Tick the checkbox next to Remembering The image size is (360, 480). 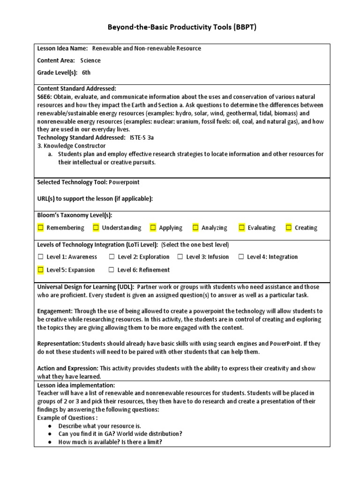(x=41, y=228)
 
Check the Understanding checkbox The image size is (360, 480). (x=96, y=228)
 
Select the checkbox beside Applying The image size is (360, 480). (x=153, y=228)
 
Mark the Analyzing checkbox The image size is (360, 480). (x=195, y=228)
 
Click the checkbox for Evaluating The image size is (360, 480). (x=242, y=228)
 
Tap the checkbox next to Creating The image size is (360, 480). (x=289, y=228)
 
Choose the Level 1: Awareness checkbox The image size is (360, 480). (x=41, y=257)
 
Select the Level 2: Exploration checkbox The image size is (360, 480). (x=112, y=257)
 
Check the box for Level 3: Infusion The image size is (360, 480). (x=180, y=257)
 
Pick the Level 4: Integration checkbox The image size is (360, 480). (x=241, y=257)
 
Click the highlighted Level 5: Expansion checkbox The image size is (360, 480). (x=41, y=270)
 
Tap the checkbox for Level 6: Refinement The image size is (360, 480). (x=112, y=270)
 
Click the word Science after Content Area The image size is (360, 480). (x=90, y=60)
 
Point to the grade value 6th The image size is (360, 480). (x=86, y=73)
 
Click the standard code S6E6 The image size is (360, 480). (x=45, y=97)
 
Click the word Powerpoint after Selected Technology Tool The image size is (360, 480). (x=124, y=182)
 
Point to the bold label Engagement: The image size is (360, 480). (x=55, y=311)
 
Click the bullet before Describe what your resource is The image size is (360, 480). (x=50, y=426)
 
